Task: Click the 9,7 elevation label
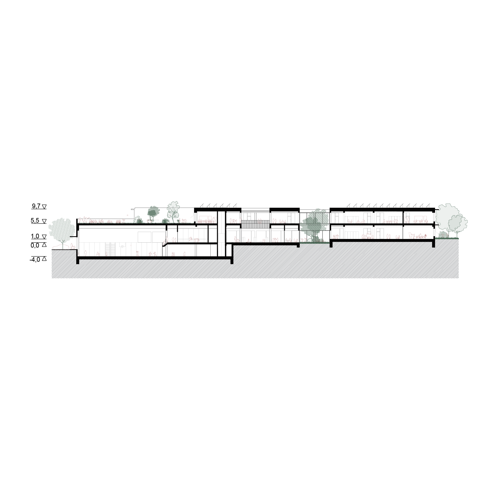pos(36,206)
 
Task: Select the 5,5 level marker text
pos(35,221)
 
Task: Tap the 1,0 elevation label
pos(35,236)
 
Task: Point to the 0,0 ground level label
pos(35,245)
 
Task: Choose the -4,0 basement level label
pos(34,259)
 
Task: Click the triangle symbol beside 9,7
pos(44,207)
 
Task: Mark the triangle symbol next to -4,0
pos(44,259)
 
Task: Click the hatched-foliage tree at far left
pos(62,229)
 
